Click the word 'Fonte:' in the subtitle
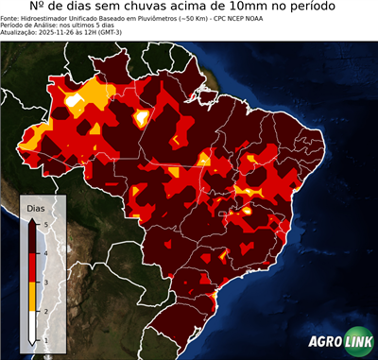(11, 20)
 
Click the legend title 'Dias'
(36, 207)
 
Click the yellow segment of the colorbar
(33, 297)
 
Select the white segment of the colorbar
(33, 326)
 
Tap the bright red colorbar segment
(33, 267)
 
